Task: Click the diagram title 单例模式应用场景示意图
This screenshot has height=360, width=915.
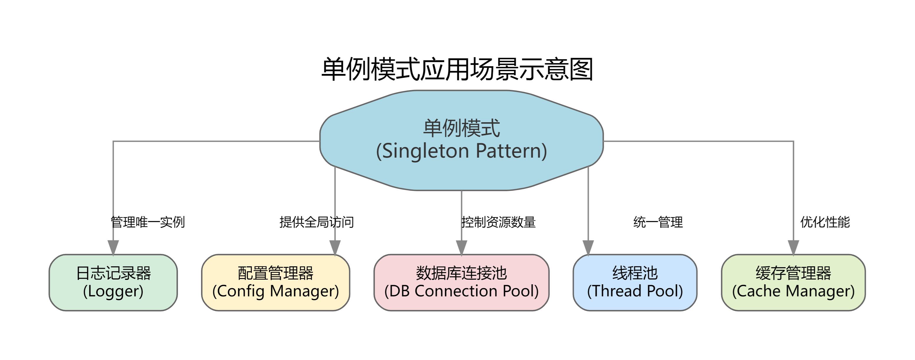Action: (x=457, y=69)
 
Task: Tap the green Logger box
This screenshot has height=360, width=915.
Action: (x=113, y=282)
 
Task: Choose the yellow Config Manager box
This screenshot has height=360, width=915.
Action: (x=275, y=282)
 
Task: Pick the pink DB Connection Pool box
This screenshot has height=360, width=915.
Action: (x=461, y=282)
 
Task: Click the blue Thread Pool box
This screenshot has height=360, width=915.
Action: (x=634, y=282)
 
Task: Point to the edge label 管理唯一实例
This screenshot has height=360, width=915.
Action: (x=147, y=222)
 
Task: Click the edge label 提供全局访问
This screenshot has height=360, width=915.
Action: (x=316, y=222)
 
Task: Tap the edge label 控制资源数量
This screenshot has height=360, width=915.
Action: (x=498, y=222)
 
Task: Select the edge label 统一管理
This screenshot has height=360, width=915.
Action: (x=658, y=222)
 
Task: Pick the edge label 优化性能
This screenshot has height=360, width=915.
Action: (x=825, y=222)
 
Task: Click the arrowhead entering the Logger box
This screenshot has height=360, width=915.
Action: (x=113, y=247)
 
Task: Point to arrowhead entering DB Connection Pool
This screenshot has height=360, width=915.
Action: (x=461, y=247)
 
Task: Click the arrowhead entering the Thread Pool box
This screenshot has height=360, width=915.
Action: (x=588, y=247)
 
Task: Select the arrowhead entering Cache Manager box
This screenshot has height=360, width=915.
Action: (x=793, y=247)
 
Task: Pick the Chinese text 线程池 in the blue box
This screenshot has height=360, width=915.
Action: (x=634, y=273)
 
